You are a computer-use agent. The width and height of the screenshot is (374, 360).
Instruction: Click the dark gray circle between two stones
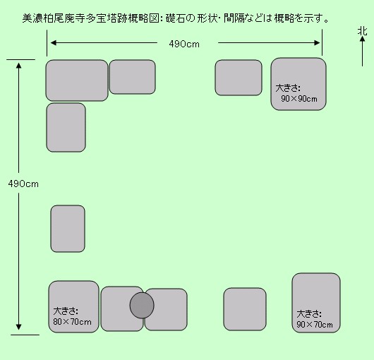(x=142, y=306)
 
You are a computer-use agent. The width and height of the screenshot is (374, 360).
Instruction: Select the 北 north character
(x=362, y=31)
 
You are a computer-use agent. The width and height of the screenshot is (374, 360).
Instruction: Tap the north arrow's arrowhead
(x=362, y=39)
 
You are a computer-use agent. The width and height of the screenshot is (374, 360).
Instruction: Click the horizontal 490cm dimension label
(x=184, y=44)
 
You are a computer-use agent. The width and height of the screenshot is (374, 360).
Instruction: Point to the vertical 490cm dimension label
(x=23, y=184)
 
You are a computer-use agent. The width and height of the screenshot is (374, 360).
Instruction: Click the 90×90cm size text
(x=299, y=99)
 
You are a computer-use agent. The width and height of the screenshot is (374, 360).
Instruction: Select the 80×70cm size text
(x=72, y=322)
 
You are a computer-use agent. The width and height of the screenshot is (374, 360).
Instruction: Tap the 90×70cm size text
(x=315, y=325)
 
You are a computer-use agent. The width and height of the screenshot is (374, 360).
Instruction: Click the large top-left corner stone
(x=77, y=80)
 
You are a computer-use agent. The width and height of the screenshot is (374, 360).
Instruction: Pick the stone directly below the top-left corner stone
(x=66, y=127)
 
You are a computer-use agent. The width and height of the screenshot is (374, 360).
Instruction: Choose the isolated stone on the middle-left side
(x=68, y=229)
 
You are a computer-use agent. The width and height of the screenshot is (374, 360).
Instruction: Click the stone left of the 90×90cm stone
(x=239, y=78)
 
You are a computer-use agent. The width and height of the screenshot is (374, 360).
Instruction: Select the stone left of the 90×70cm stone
(x=245, y=309)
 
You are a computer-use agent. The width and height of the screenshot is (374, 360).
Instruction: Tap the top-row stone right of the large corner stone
(x=133, y=77)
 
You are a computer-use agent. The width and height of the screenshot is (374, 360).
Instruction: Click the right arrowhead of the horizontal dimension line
(x=317, y=43)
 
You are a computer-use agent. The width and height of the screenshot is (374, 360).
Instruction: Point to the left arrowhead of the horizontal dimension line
(x=54, y=43)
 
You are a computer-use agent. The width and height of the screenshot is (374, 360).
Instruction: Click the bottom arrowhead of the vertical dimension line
(x=18, y=327)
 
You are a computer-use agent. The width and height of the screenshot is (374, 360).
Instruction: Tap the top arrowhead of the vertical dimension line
(x=18, y=66)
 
